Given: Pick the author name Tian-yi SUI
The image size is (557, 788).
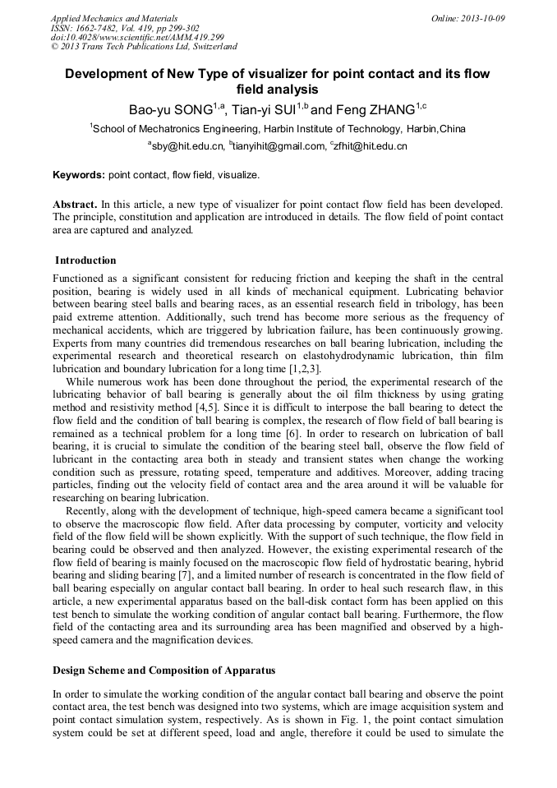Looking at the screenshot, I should click(x=264, y=110).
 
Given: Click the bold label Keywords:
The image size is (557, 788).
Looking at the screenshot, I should click(x=79, y=175).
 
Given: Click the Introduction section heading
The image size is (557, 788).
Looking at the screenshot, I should click(x=85, y=260).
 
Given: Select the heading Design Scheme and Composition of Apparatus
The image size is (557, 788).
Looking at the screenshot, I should click(x=165, y=670).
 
